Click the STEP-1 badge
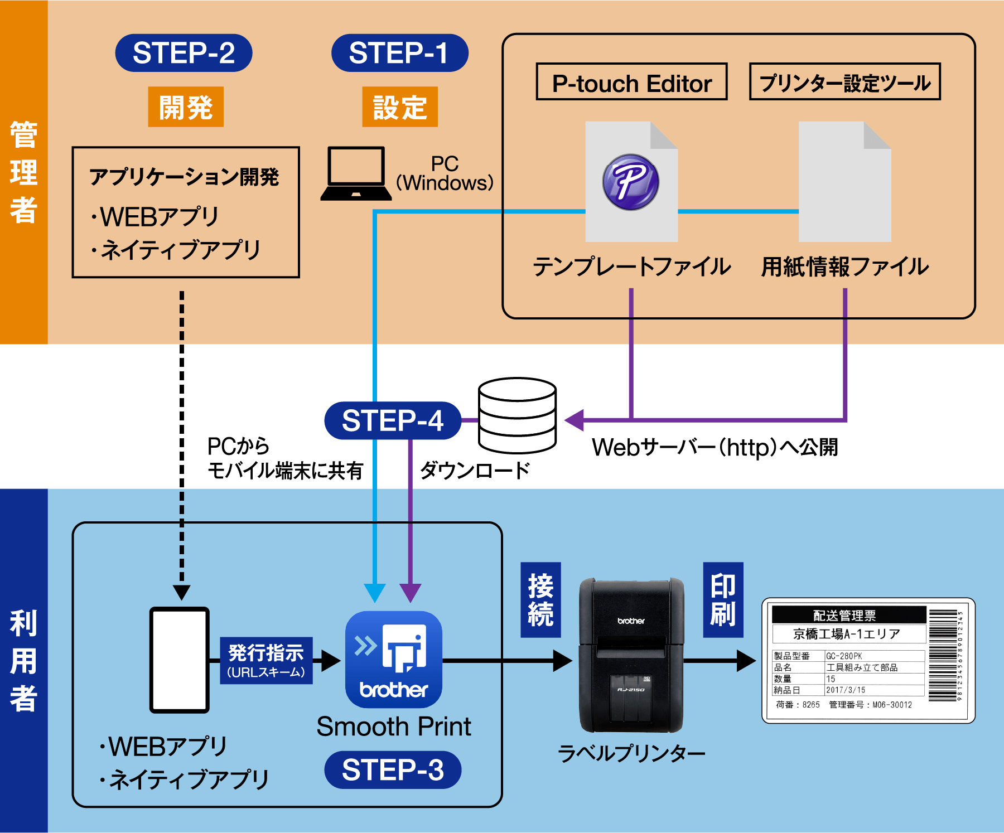[399, 53]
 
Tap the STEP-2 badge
[184, 53]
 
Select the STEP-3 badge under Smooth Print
[393, 770]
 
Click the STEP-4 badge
[393, 420]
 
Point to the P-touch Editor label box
[631, 82]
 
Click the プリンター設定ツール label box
[844, 82]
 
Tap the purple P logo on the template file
[631, 182]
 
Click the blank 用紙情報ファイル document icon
[844, 182]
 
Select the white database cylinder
[517, 416]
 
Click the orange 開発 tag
[186, 107]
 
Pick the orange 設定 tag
[399, 107]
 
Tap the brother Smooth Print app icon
[393, 660]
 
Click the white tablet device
[179, 660]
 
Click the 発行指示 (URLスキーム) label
[266, 661]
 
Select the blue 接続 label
[540, 600]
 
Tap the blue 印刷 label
[723, 600]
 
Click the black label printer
[631, 656]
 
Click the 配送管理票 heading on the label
[844, 616]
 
